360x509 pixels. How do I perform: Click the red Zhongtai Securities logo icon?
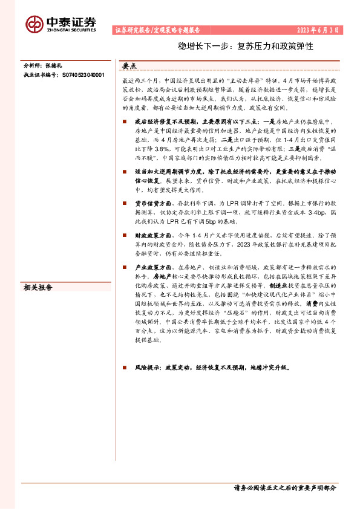point(34,23)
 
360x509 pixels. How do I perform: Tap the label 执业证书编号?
point(41,75)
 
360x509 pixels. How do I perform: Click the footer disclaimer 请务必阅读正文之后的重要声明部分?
point(285,488)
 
